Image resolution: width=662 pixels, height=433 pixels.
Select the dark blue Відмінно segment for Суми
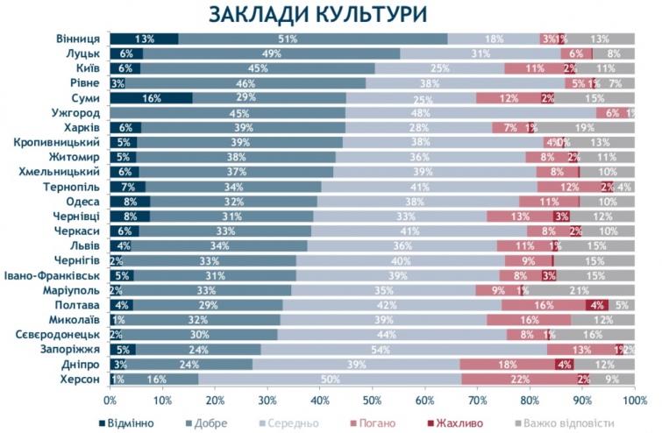[152, 98]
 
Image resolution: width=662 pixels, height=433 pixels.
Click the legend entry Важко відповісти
[573, 422]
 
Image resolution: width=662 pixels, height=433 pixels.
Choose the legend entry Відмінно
[126, 422]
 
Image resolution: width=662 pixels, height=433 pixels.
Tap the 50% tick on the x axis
[373, 400]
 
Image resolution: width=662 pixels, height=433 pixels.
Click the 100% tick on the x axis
[634, 400]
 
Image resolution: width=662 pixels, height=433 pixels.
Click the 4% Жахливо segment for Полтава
[597, 305]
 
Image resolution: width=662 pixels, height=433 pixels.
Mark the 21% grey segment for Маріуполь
[580, 290]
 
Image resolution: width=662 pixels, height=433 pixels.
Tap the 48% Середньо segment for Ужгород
[472, 113]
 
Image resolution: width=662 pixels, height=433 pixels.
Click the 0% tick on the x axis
[110, 400]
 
